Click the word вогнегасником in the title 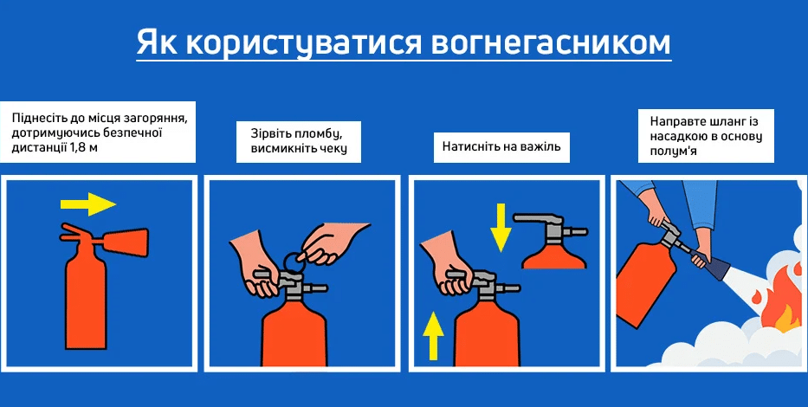tap(550, 42)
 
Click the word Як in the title tap(157, 42)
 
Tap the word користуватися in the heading tap(304, 44)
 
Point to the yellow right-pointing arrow tap(88, 204)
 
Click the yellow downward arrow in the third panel tap(501, 227)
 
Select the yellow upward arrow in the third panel tap(433, 336)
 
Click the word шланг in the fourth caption tap(713, 122)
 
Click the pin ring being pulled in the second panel tap(294, 262)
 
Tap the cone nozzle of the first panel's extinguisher tap(126, 242)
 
